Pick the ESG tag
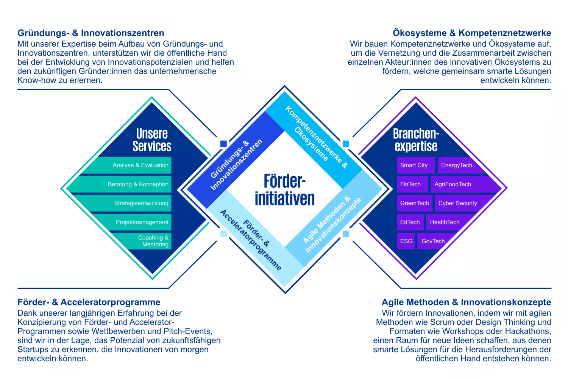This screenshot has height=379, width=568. pyautogui.click(x=406, y=241)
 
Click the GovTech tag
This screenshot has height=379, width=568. pyautogui.click(x=433, y=241)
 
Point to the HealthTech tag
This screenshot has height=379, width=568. pyautogui.click(x=445, y=222)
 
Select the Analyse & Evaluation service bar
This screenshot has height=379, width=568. pyautogui.click(x=140, y=165)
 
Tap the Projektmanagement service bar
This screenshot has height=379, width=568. pyautogui.click(x=142, y=222)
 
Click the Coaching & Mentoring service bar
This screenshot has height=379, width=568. pyautogui.click(x=153, y=241)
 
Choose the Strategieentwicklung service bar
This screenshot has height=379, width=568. pyautogui.click(x=141, y=203)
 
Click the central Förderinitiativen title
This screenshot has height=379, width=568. pyautogui.click(x=285, y=190)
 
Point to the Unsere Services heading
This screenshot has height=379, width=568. pyautogui.click(x=152, y=140)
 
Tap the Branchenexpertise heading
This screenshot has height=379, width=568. pyautogui.click(x=416, y=140)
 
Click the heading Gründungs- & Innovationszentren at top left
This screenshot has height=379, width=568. pyautogui.click(x=91, y=33)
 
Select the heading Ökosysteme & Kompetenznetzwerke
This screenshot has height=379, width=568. pyautogui.click(x=472, y=33)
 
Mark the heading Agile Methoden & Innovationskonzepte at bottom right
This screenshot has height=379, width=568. pyautogui.click(x=466, y=302)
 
